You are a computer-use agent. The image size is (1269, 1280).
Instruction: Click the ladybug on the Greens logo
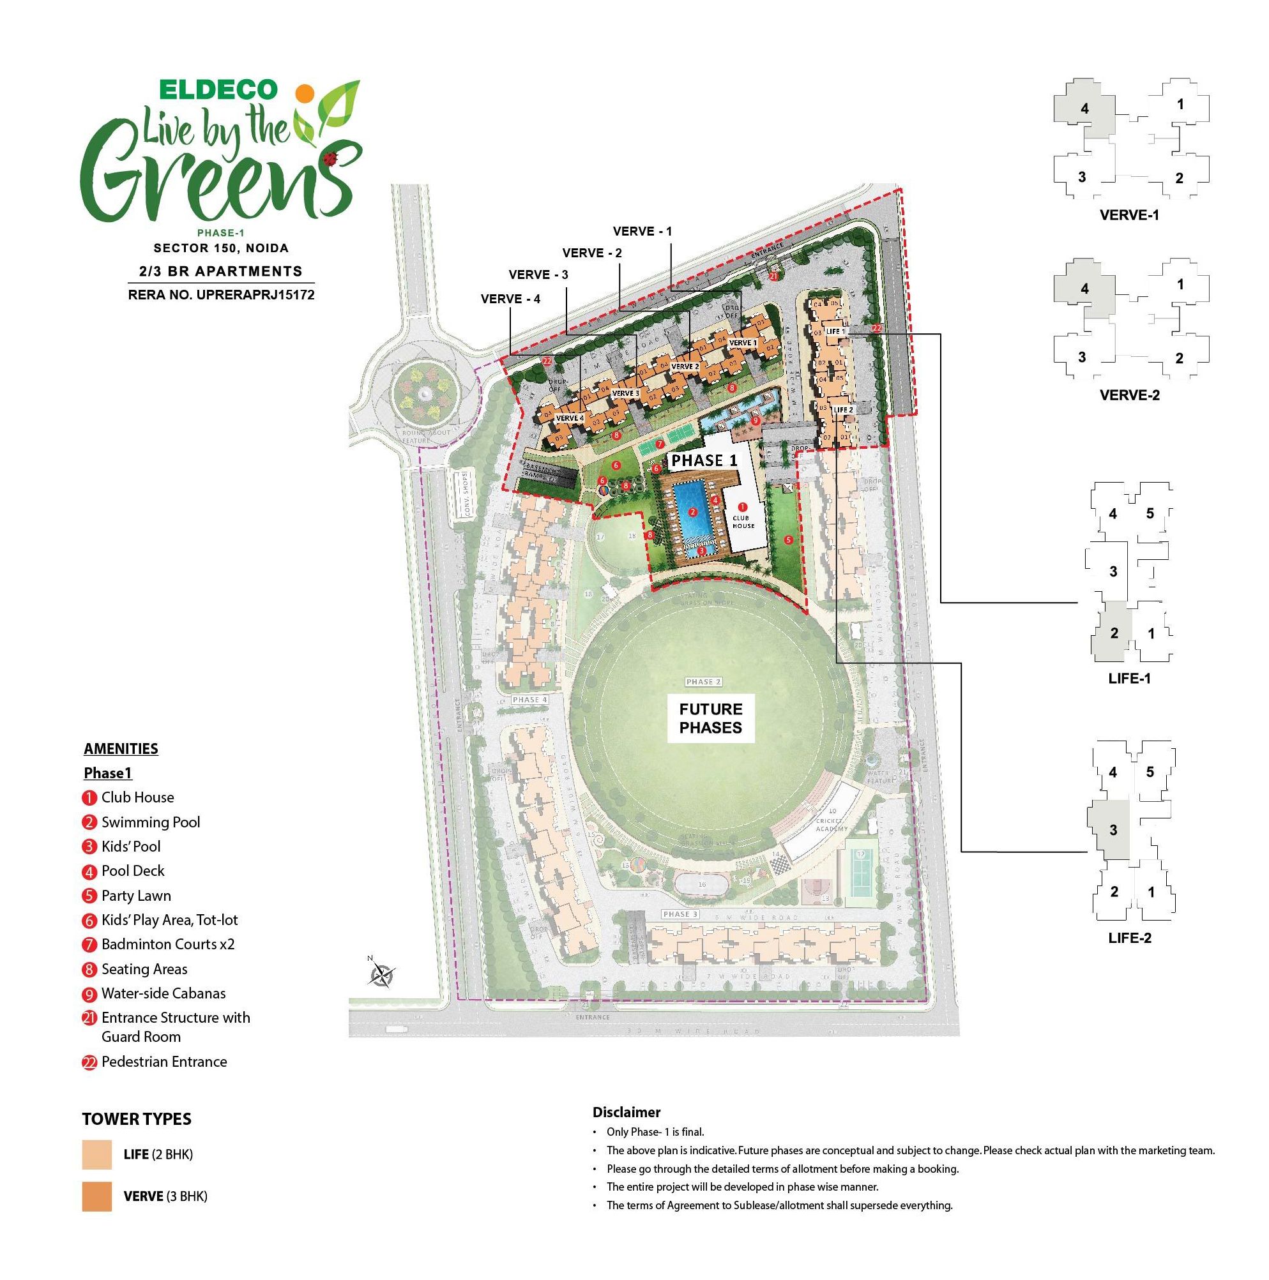tap(331, 158)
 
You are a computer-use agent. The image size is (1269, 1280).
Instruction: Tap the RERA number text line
tap(221, 295)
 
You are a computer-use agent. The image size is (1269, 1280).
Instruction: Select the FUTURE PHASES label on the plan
tap(710, 718)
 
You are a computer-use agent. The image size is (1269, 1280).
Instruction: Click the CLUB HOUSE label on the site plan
tap(743, 522)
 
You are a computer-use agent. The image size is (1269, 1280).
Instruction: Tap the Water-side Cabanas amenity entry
tap(163, 993)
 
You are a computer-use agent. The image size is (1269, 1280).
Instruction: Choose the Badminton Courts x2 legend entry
tap(168, 944)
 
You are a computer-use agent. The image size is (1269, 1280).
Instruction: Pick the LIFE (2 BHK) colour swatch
tap(96, 1155)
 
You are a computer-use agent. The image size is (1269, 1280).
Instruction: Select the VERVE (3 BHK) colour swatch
tap(96, 1196)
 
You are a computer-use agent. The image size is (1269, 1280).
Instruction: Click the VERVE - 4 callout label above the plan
tap(510, 299)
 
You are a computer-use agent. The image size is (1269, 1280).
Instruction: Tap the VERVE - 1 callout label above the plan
tap(642, 231)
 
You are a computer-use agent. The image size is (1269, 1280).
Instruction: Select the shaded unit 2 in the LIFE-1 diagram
tap(1113, 633)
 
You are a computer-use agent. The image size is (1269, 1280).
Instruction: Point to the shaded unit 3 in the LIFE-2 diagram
tap(1113, 829)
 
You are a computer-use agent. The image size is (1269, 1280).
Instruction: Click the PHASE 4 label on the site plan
tap(529, 700)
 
